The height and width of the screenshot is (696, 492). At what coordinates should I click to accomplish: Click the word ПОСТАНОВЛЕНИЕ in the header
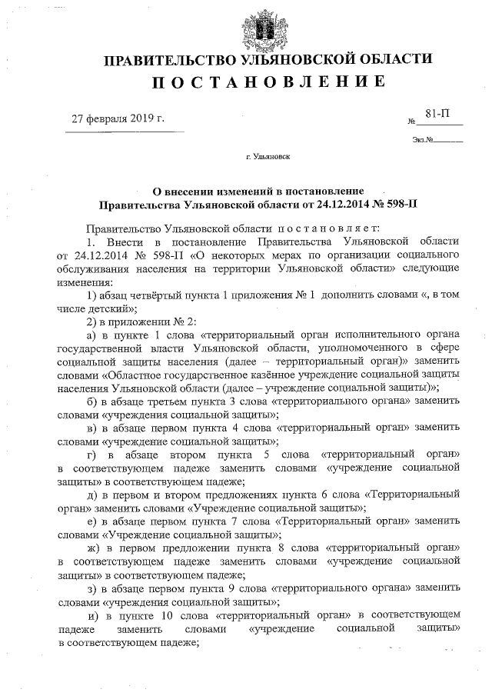pos(268,82)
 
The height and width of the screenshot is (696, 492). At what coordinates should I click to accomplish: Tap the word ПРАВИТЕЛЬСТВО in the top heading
pos(171,60)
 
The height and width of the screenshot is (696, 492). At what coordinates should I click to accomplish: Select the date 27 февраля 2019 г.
pos(118,119)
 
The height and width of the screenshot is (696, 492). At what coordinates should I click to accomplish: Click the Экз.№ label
pos(424,140)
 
